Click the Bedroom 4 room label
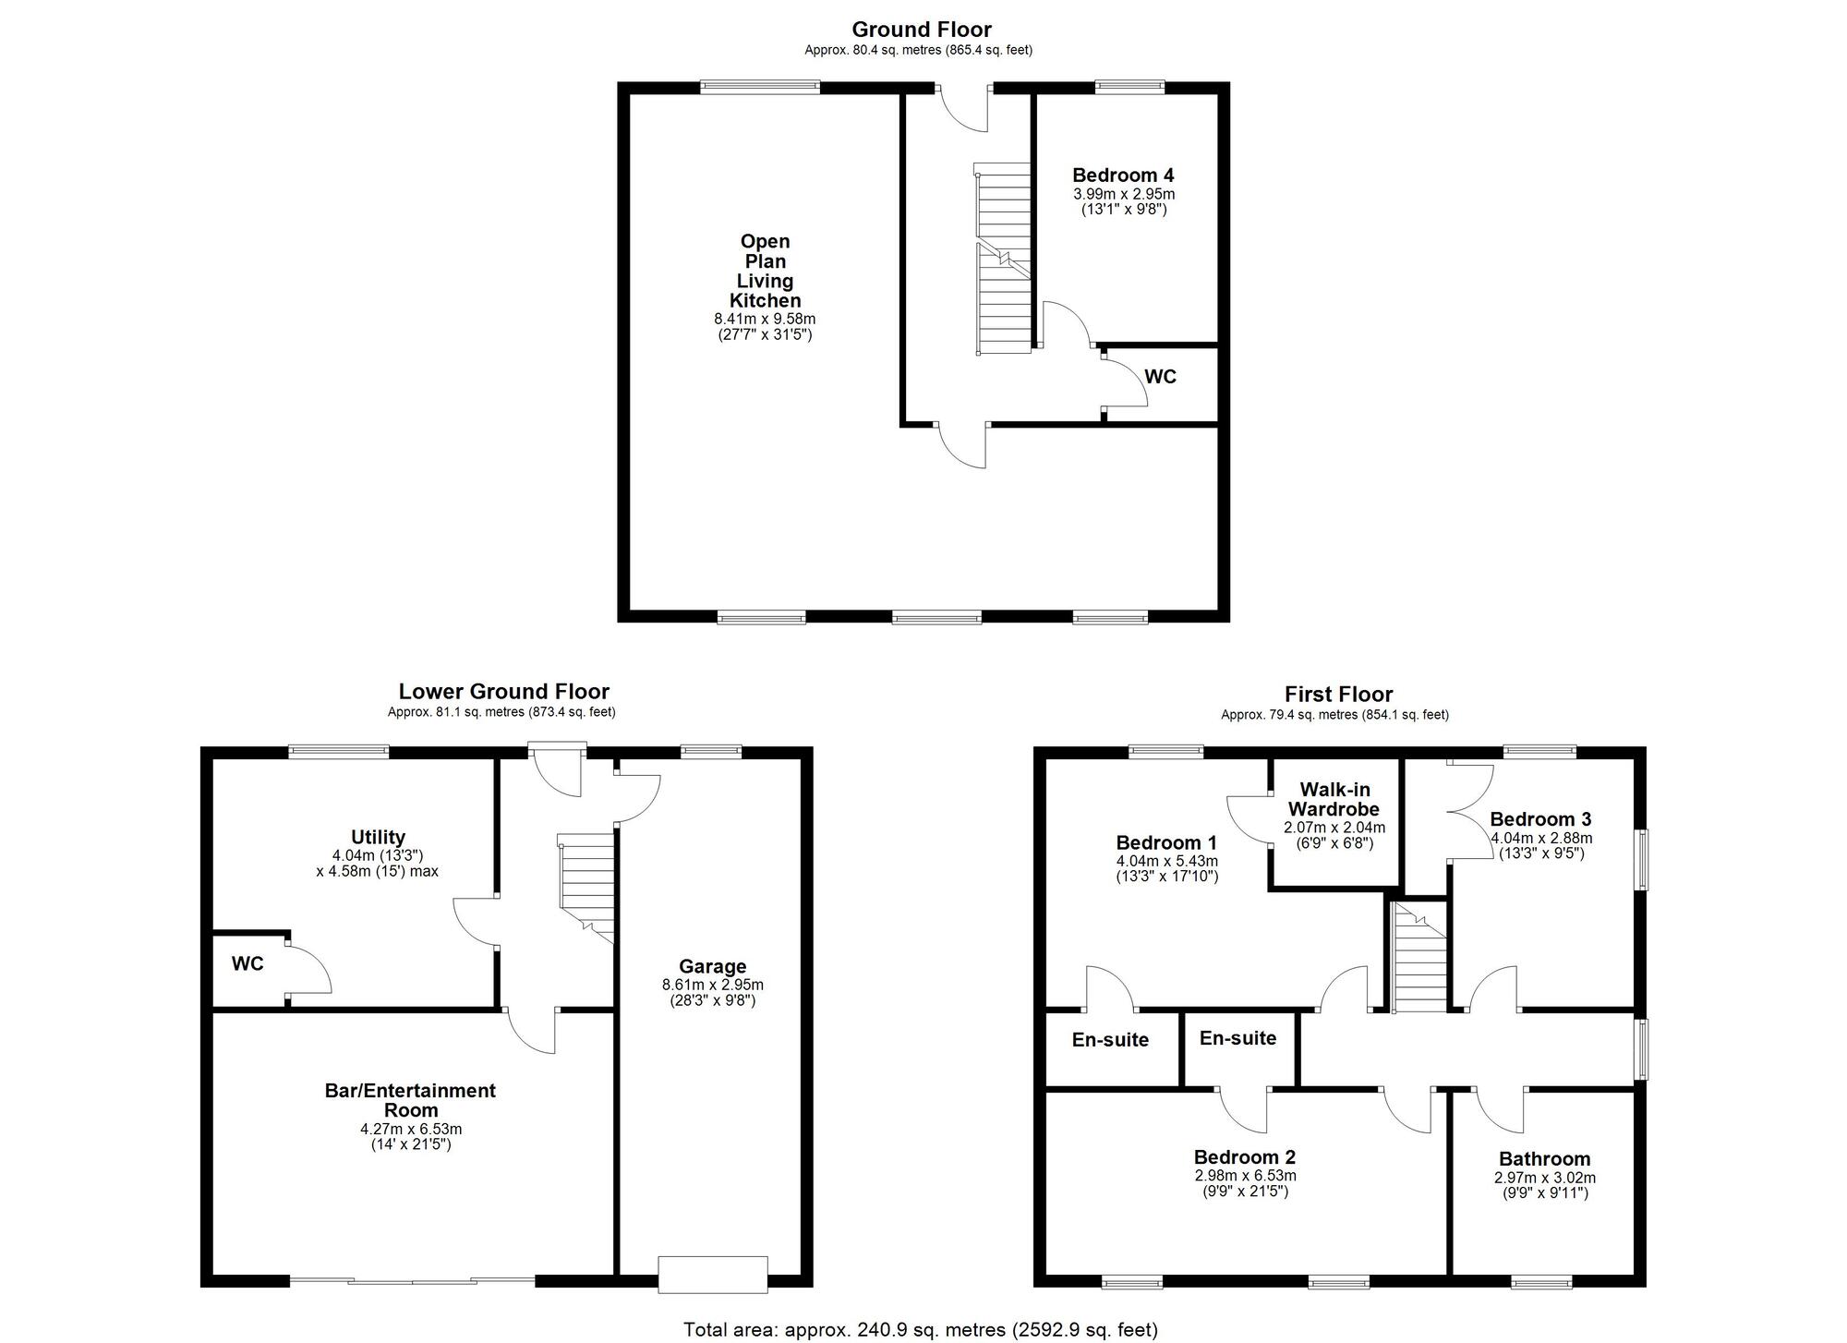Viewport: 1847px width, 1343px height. [1123, 175]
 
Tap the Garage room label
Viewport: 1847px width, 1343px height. [712, 966]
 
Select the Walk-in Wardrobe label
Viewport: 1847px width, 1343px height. [1334, 799]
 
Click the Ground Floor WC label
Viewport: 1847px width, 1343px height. [1160, 377]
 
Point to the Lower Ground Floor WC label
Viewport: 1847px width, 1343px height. [247, 964]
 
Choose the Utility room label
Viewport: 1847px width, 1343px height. [378, 837]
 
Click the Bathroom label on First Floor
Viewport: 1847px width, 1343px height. [1544, 1159]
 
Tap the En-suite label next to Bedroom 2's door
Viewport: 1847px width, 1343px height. [1237, 1038]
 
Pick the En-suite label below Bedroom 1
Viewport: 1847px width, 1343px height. [1110, 1040]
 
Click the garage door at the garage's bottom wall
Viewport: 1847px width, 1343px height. [713, 1274]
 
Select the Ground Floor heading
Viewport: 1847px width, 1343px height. [922, 30]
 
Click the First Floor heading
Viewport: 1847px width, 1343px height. [1338, 695]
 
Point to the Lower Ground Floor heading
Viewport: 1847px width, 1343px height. [504, 692]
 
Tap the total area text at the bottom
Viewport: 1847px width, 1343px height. [920, 1330]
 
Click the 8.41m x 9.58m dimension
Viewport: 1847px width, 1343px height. [765, 320]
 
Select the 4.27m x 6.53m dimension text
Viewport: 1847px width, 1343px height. [411, 1129]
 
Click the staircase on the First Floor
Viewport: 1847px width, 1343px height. [1418, 957]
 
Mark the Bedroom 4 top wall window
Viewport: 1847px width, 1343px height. [1129, 87]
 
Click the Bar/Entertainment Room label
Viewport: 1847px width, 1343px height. [410, 1100]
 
